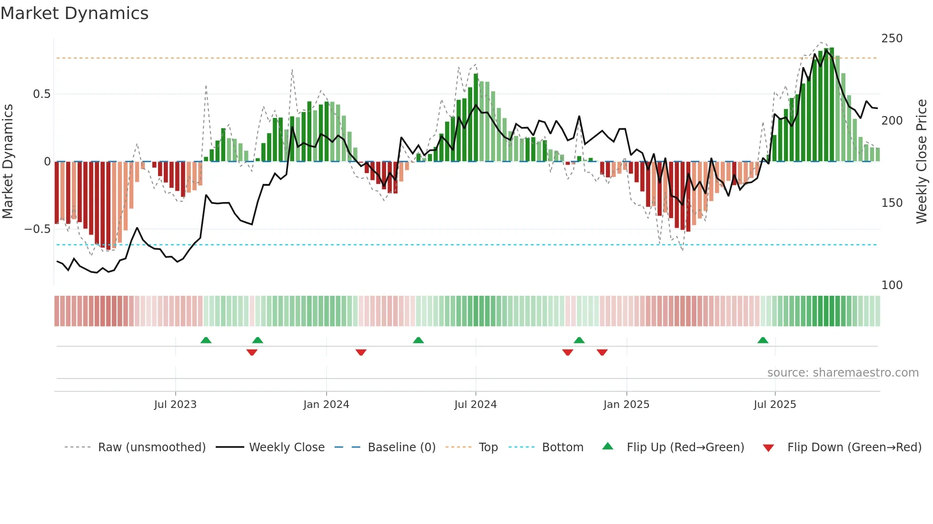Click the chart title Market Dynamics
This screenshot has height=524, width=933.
pos(74,13)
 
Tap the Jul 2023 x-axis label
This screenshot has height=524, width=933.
pos(175,405)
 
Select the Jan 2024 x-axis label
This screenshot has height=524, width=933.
pos(326,405)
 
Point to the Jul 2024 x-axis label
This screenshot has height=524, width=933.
pos(475,405)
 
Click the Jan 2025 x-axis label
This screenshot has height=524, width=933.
pos(626,405)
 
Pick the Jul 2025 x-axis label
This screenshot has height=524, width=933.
pos(774,405)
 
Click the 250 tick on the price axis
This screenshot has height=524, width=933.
pos(892,39)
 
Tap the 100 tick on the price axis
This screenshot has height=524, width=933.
pos(892,285)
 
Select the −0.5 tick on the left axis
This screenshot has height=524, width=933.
pos(37,229)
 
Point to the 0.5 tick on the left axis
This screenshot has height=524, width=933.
pos(41,94)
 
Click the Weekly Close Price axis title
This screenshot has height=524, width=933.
pos(922,161)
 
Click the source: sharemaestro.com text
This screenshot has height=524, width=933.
pos(843,373)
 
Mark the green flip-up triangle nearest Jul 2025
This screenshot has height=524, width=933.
pos(763,340)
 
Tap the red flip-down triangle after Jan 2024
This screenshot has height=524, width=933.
pos(361,352)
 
